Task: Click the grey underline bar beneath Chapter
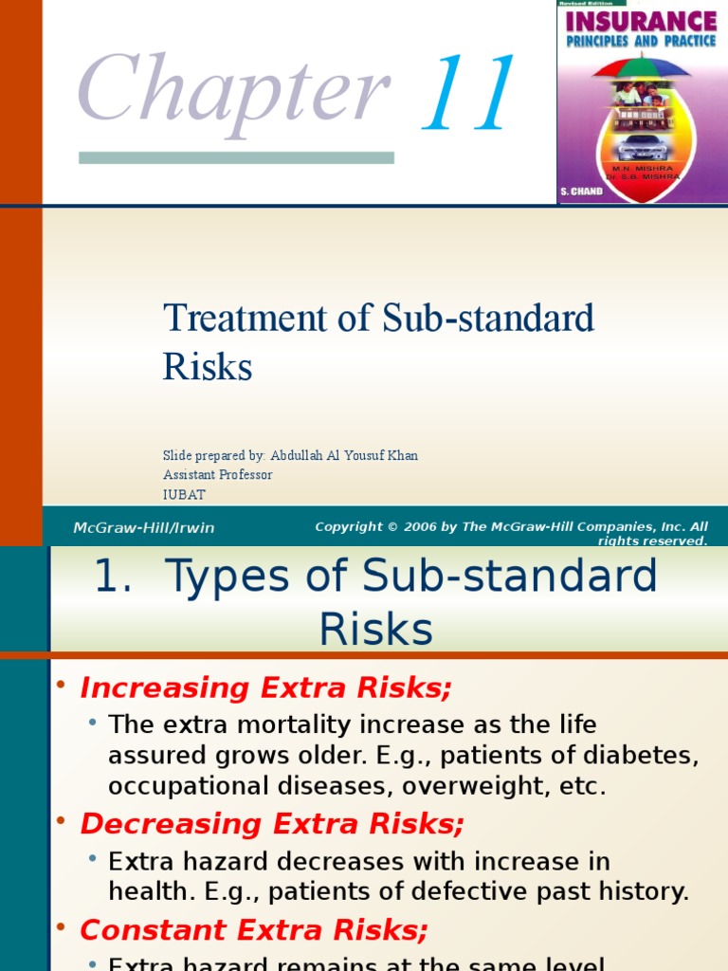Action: [236, 157]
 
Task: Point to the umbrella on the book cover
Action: [642, 70]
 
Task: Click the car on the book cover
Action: [642, 147]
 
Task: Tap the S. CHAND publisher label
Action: [581, 192]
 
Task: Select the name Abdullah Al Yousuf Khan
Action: [344, 455]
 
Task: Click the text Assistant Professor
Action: [217, 475]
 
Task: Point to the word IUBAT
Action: [184, 495]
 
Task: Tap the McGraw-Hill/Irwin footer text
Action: [144, 528]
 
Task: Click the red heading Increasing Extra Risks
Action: [266, 687]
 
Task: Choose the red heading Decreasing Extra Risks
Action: [272, 824]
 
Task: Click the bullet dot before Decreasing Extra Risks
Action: [61, 821]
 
